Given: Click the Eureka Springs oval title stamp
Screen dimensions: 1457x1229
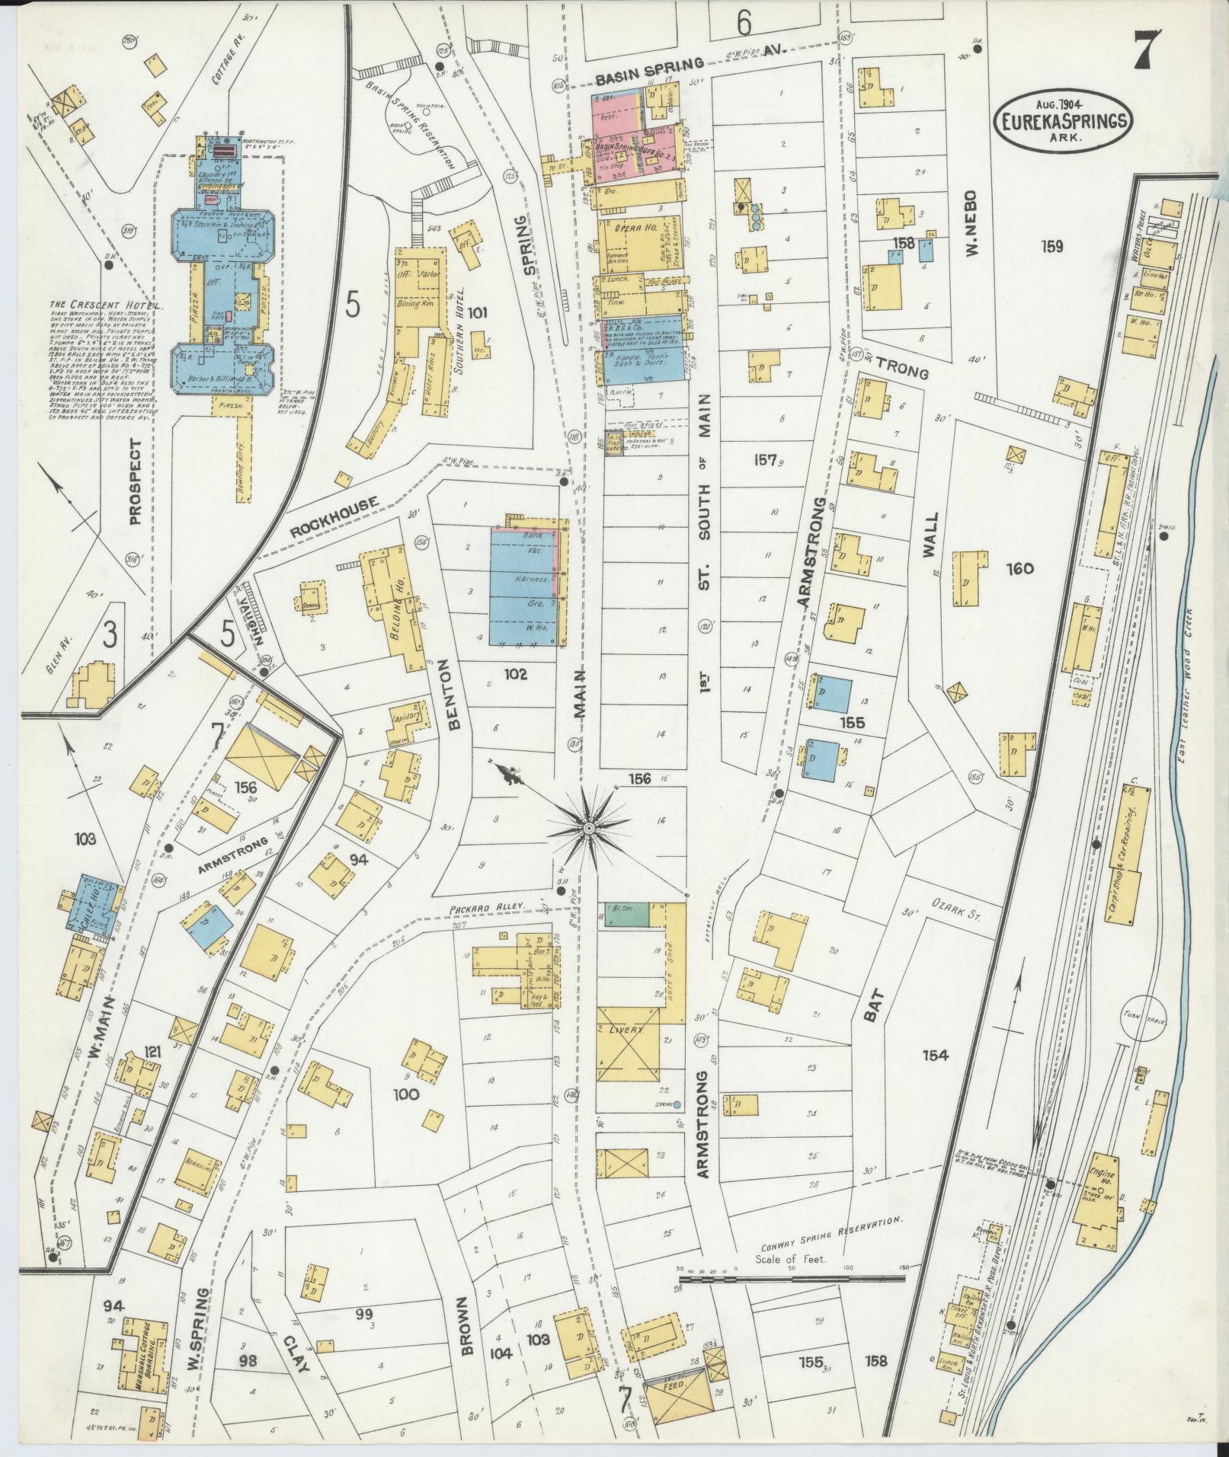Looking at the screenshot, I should [x=1063, y=122].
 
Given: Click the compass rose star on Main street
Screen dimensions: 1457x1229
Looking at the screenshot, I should [x=589, y=827].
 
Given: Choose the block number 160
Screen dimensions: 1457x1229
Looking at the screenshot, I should [x=1019, y=568].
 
